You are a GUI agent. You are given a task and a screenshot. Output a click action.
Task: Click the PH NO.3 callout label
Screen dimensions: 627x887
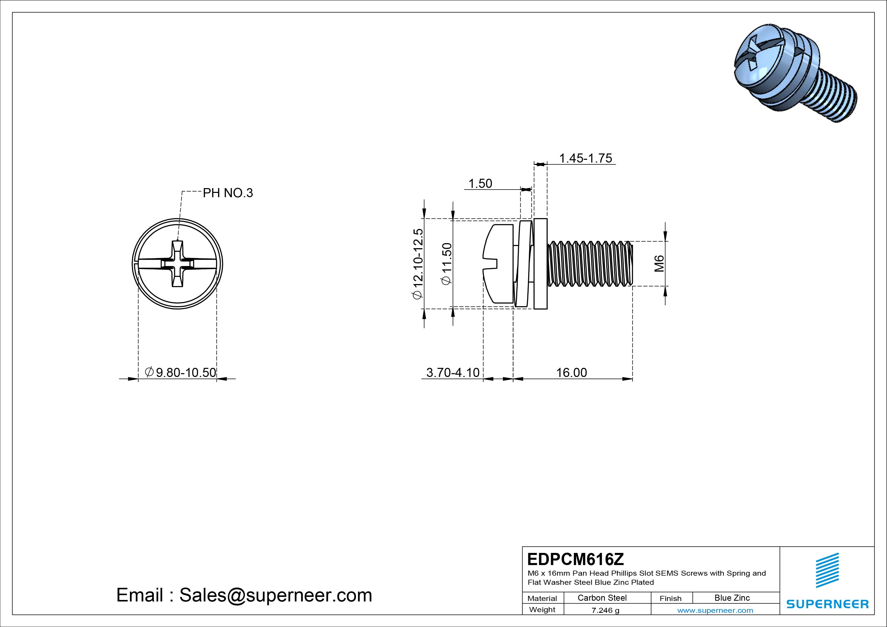pos(228,193)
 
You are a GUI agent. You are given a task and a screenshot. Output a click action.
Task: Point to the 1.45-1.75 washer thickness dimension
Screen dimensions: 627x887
pos(585,158)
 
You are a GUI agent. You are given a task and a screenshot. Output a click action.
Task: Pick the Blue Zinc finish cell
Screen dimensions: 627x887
pos(732,598)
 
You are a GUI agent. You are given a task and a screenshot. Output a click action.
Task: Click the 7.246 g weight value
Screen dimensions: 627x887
pos(605,610)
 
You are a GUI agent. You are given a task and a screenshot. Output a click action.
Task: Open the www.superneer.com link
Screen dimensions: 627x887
pos(715,610)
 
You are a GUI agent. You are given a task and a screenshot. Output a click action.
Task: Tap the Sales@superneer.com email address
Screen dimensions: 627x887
pos(275,595)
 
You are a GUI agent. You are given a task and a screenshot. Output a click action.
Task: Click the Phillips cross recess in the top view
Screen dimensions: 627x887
pos(178,264)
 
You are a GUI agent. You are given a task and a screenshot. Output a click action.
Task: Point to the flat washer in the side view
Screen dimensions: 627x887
pos(540,263)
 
